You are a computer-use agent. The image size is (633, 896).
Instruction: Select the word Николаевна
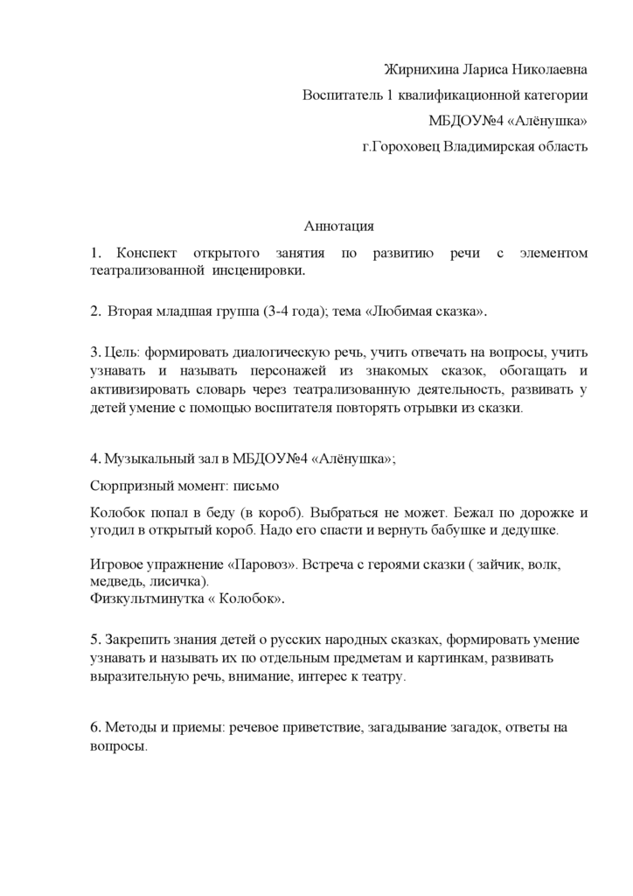(547, 69)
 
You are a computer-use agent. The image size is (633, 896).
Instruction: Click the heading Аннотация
(338, 226)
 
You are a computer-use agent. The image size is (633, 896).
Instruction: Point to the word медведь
(115, 581)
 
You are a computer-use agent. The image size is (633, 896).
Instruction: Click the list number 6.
(94, 727)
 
